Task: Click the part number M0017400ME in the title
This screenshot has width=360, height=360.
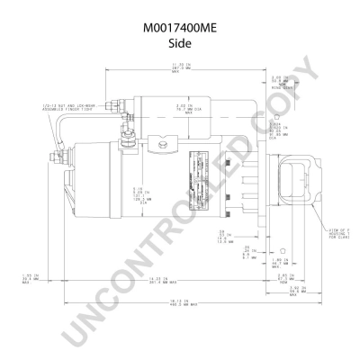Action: [180, 28]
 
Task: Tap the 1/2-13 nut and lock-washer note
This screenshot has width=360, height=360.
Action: [67, 110]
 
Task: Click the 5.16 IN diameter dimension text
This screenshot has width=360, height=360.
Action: [139, 193]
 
